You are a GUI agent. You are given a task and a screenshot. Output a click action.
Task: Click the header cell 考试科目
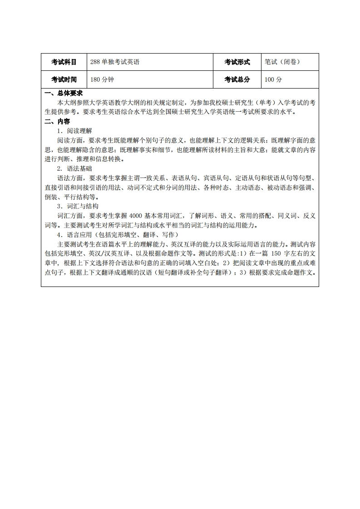click(64, 62)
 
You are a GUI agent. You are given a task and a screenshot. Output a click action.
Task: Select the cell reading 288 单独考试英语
click(114, 62)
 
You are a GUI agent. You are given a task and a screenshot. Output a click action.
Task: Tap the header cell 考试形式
click(237, 62)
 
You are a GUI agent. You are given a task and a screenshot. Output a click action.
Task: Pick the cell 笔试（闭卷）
click(282, 62)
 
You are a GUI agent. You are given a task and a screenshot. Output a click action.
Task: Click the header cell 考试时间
click(64, 79)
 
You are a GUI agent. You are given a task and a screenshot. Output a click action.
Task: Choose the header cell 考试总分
click(237, 79)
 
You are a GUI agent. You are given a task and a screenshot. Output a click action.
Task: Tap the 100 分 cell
click(273, 79)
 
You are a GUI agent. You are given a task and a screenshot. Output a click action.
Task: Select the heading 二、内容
click(57, 121)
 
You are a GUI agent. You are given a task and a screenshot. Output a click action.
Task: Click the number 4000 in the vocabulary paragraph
click(137, 216)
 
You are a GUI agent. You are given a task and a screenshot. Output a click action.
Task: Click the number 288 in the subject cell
click(95, 62)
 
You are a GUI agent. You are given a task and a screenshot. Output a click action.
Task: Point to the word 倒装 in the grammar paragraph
click(51, 197)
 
